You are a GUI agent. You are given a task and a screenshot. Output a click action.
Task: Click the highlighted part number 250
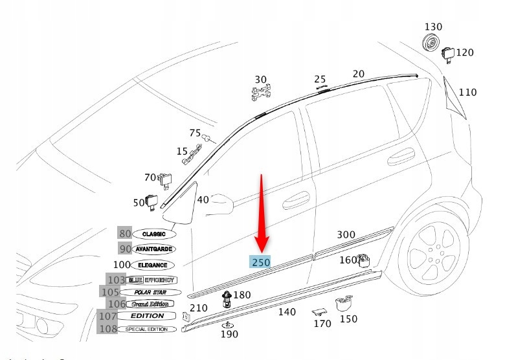(x=261, y=262)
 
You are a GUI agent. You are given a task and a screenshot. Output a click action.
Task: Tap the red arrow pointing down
(x=262, y=214)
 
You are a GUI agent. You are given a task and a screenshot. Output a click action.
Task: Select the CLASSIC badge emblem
(x=153, y=234)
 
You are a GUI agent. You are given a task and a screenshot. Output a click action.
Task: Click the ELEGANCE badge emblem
(x=153, y=265)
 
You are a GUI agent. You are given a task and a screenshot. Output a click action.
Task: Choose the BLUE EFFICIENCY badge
(x=151, y=280)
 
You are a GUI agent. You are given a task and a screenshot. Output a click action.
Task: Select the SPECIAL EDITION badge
(x=146, y=329)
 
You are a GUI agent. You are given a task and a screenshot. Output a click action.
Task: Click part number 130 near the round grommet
(x=433, y=27)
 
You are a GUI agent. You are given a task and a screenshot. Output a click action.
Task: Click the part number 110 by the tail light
(x=467, y=93)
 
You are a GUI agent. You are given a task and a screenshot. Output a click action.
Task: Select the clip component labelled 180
(x=227, y=299)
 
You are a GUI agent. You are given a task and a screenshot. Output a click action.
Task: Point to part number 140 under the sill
(x=286, y=312)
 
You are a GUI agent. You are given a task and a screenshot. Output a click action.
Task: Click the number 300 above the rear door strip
(x=346, y=234)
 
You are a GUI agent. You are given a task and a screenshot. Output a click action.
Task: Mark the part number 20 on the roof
(x=358, y=74)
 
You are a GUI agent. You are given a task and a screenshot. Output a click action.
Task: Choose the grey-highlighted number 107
(x=107, y=316)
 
